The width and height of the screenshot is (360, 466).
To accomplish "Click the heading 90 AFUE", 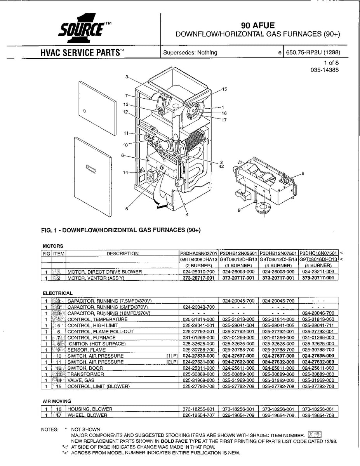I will pos(258,26).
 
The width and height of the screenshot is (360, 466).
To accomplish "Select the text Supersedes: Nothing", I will pos(190,52).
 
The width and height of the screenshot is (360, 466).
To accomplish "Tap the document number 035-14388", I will pos(324,70).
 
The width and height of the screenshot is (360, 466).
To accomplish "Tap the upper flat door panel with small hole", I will pos(97,108).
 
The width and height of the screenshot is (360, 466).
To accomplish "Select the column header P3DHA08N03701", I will pos(198,254).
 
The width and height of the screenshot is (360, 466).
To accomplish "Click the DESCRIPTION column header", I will pos(122,254).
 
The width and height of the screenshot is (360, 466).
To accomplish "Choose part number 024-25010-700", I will pos(198,272).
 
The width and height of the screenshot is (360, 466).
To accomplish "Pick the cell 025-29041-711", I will pos(318,325).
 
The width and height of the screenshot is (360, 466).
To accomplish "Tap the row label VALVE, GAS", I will pos(80,380).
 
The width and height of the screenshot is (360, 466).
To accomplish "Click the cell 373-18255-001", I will pos(198,409).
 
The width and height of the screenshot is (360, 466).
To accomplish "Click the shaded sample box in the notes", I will pos(314,435).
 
